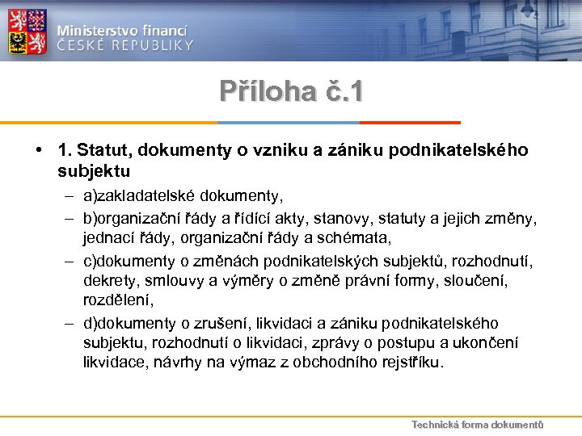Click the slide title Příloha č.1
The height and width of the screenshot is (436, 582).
point(291,90)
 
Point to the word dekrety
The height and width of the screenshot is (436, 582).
point(108,281)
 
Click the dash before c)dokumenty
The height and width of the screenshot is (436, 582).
point(71,262)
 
